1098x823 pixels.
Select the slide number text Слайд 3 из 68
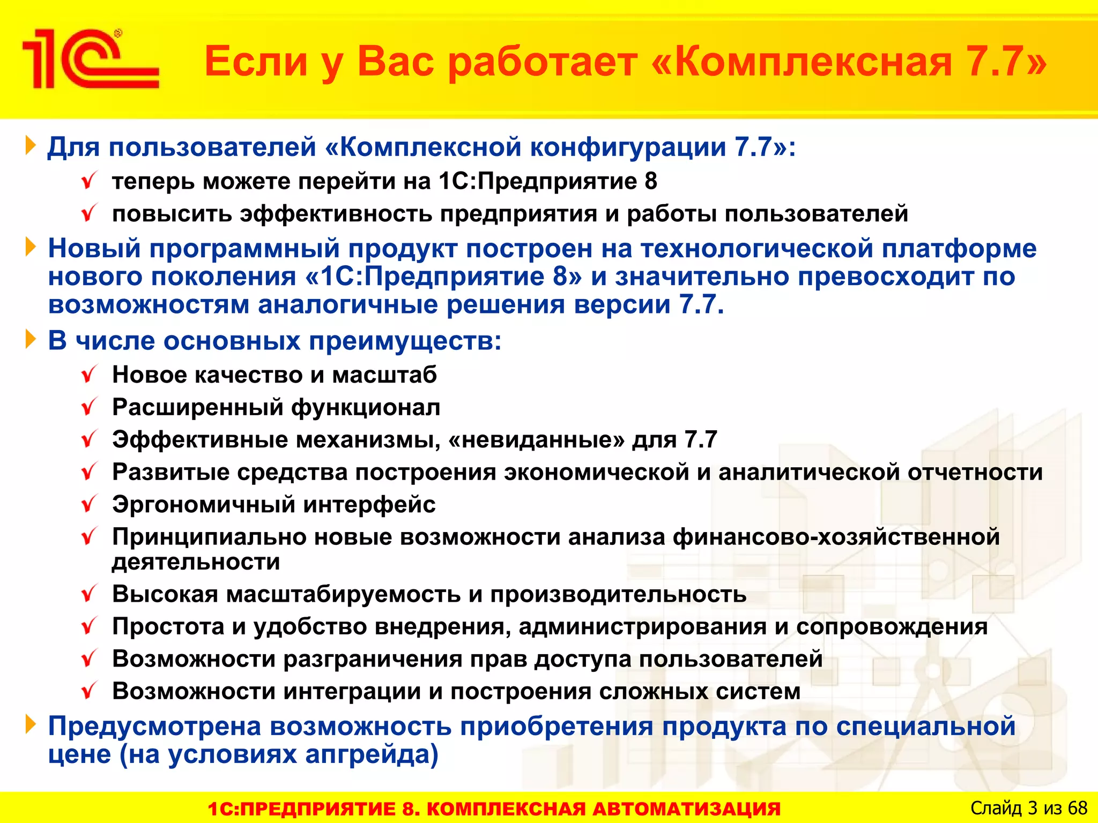(1028, 807)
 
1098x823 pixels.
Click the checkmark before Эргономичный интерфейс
(89, 504)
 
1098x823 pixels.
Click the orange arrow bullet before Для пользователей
(31, 146)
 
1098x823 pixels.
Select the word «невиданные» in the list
(536, 440)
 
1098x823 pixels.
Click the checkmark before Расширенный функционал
(89, 407)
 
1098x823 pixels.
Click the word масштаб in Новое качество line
(384, 375)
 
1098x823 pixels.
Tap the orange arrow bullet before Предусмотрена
(31, 725)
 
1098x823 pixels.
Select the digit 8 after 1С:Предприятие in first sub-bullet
(650, 181)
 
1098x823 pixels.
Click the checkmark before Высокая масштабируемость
(89, 594)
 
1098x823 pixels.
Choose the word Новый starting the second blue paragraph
(94, 249)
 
